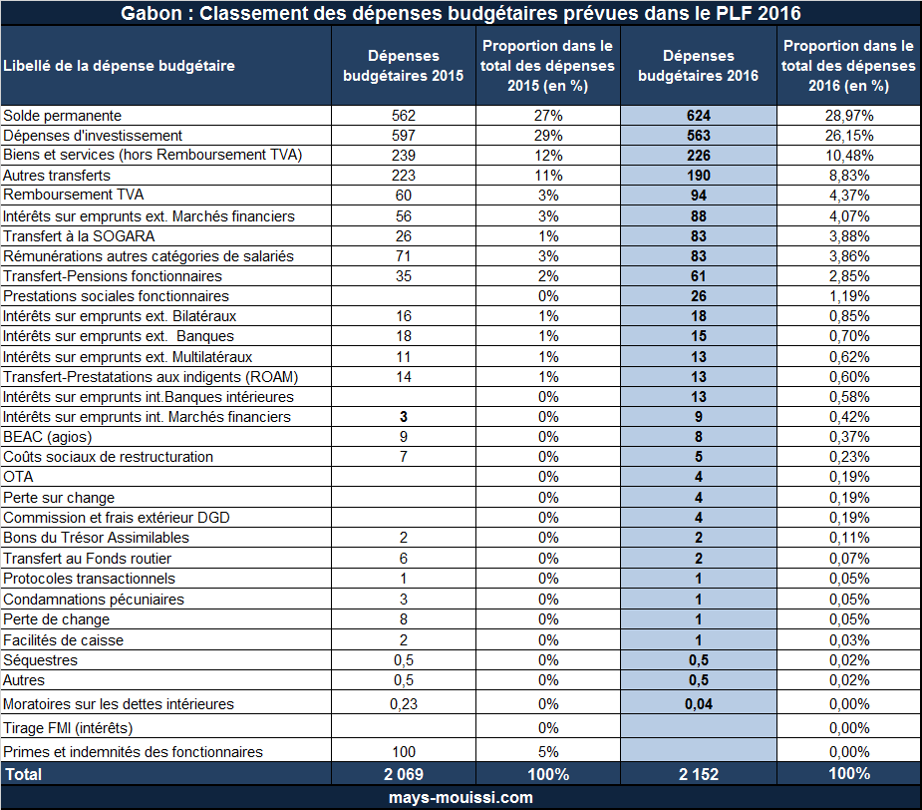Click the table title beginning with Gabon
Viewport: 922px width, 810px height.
(x=461, y=13)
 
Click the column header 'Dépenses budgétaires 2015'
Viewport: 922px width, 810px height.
(x=404, y=66)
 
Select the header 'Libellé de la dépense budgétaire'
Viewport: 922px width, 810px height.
(x=119, y=66)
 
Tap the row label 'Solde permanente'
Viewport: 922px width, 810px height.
(x=63, y=116)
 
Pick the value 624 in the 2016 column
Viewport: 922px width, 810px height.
(x=699, y=116)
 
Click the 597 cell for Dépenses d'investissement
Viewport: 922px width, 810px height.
(x=404, y=136)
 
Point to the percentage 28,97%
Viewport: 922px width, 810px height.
(x=849, y=116)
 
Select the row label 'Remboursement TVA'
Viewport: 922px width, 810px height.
(x=74, y=195)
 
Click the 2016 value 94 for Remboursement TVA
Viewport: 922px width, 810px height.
(x=699, y=196)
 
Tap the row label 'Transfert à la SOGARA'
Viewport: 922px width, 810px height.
(x=79, y=236)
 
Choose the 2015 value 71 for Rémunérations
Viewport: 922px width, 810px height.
(x=404, y=256)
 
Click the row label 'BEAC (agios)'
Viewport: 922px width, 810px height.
(x=48, y=437)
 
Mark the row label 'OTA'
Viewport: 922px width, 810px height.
(x=18, y=477)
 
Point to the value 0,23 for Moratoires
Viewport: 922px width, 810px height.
(x=404, y=704)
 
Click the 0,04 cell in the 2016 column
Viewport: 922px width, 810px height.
(x=699, y=704)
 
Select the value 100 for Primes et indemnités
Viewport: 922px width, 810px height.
(x=404, y=752)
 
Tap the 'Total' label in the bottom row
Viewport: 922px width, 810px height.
(x=24, y=774)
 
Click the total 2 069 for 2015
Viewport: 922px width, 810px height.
(x=404, y=774)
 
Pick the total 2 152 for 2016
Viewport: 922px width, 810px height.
(x=699, y=774)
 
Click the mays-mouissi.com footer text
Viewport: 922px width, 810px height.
(x=461, y=798)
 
